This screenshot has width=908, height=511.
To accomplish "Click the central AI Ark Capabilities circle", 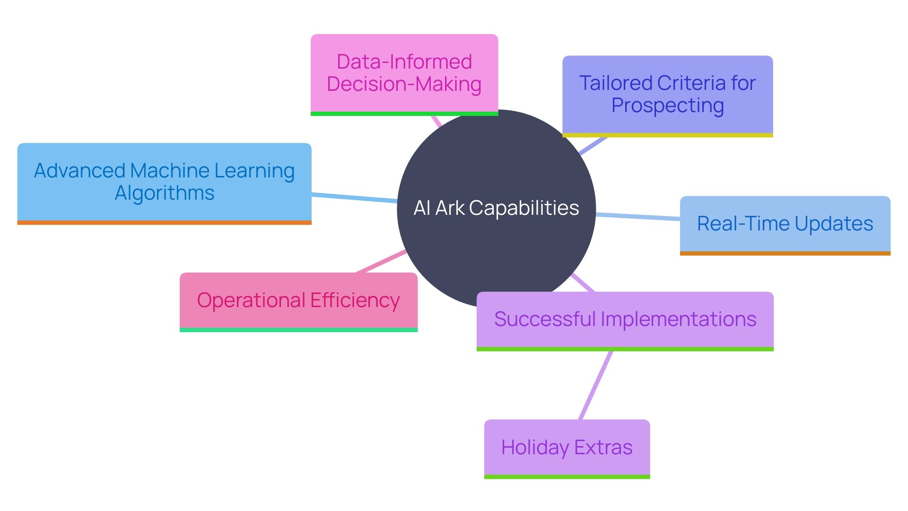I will point(496,246).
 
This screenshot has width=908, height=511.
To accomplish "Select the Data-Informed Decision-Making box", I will point(404,73).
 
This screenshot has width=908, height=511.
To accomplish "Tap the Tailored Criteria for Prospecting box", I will point(667,95).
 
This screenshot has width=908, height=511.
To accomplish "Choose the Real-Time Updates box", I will point(785,224).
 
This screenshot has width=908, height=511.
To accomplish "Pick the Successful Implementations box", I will point(625,319).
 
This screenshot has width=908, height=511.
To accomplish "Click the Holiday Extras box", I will point(567,447).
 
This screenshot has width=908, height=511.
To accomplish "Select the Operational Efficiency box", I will point(298,300).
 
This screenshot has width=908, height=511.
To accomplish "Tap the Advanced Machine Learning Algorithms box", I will point(164,182).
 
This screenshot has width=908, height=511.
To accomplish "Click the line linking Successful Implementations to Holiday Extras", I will point(596,385).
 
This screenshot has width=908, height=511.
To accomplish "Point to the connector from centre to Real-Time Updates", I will point(638,217).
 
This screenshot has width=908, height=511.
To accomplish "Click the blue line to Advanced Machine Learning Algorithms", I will point(355,198).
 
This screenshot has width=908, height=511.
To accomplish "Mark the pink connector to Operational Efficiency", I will point(381,262).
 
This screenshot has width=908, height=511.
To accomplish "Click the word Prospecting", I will point(667,106).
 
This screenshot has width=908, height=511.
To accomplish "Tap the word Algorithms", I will point(165,193).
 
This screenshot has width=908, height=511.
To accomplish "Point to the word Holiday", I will point(535,448).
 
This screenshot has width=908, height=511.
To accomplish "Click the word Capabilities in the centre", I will point(524,208).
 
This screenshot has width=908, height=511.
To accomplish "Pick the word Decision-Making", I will point(404,84).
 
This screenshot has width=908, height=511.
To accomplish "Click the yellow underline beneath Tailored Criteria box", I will point(667,135).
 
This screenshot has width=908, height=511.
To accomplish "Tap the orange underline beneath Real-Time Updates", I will point(785,254).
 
